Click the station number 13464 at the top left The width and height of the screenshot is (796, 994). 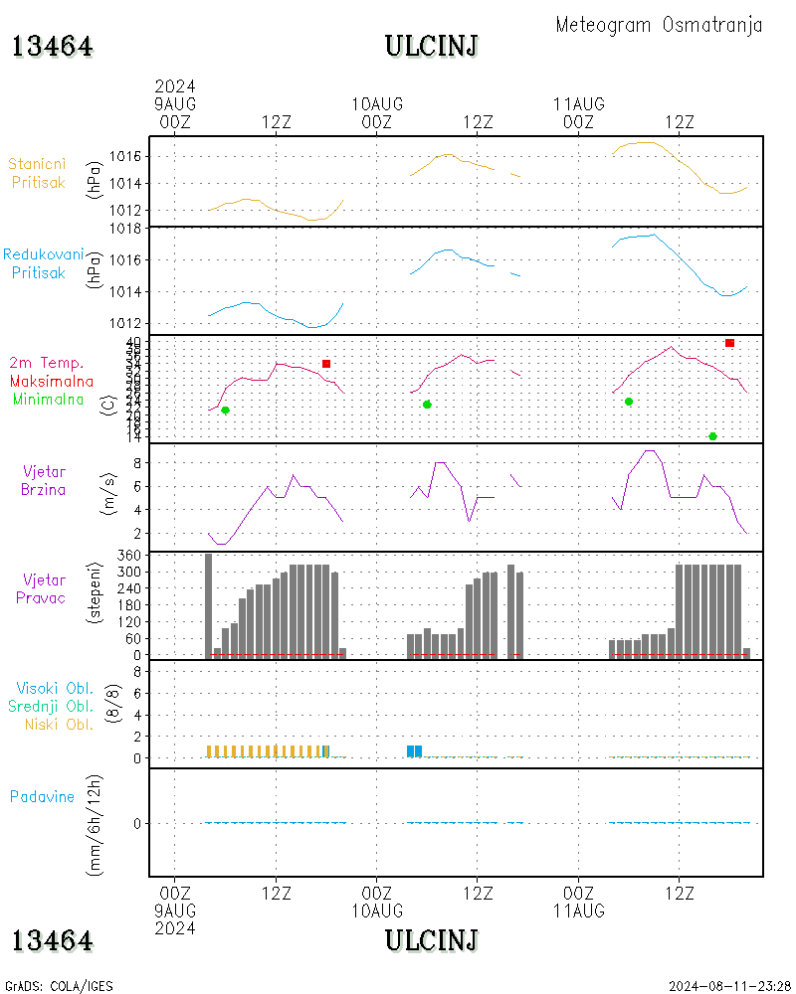(x=53, y=47)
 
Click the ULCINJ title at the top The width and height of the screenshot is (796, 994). (x=432, y=47)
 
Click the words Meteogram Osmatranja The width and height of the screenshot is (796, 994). (x=659, y=26)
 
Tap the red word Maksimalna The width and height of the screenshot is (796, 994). (x=52, y=381)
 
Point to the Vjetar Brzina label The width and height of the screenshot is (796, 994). (x=44, y=480)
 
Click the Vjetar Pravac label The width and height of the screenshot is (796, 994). (x=43, y=588)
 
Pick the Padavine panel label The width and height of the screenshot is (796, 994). (x=43, y=796)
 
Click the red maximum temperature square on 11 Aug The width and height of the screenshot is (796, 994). (x=729, y=343)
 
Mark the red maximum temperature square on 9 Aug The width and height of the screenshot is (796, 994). (x=326, y=364)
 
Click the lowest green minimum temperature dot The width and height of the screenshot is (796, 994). (x=712, y=436)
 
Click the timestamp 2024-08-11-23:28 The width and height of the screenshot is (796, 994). (x=729, y=986)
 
